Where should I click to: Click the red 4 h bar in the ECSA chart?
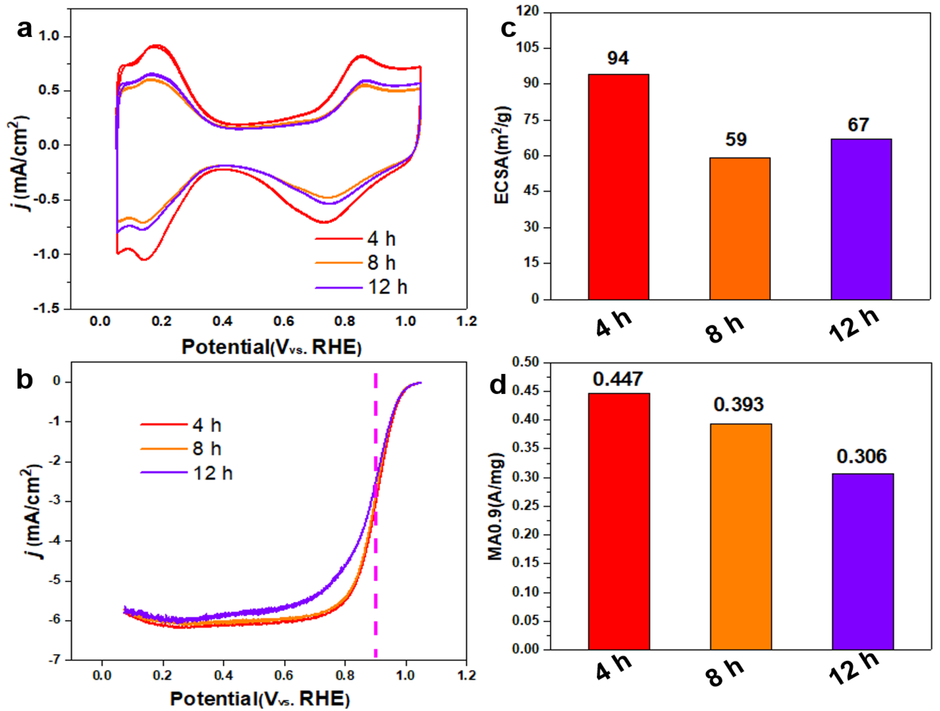click(x=618, y=187)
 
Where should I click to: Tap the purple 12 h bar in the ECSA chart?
click(x=861, y=219)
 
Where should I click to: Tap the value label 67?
click(x=858, y=125)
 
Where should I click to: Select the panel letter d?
click(x=498, y=385)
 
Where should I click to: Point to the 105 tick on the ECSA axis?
click(x=527, y=48)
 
